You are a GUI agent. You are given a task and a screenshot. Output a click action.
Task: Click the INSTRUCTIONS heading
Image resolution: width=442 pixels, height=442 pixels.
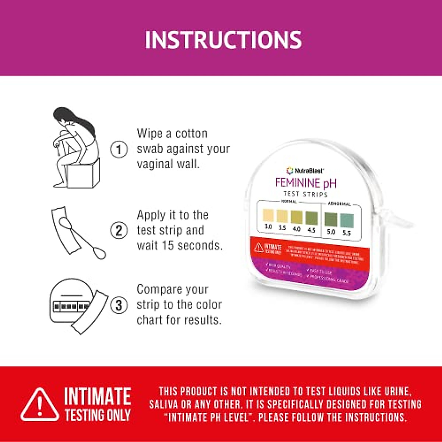click(223, 40)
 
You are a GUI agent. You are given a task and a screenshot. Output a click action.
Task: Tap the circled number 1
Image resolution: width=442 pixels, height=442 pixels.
click(119, 150)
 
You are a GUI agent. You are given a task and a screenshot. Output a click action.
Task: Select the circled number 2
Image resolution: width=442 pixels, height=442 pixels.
click(119, 231)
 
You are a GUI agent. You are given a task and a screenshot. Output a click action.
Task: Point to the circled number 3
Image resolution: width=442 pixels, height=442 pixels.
click(119, 305)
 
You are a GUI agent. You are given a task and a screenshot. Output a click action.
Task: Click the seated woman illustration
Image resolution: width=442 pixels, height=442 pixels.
click(76, 144)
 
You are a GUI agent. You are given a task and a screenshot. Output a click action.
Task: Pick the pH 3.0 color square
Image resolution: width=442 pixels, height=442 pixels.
click(268, 215)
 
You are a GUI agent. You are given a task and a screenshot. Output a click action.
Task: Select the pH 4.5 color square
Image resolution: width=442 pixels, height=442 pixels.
click(311, 218)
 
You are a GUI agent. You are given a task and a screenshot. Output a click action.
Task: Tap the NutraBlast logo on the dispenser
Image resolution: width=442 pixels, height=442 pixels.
click(305, 171)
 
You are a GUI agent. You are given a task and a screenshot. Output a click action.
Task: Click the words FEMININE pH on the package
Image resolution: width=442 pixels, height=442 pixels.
click(306, 183)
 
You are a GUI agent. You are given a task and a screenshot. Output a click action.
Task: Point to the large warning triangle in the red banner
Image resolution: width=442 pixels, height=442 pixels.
click(40, 404)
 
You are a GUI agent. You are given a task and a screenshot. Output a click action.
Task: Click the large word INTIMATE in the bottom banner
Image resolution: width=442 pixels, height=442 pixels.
click(98, 396)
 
